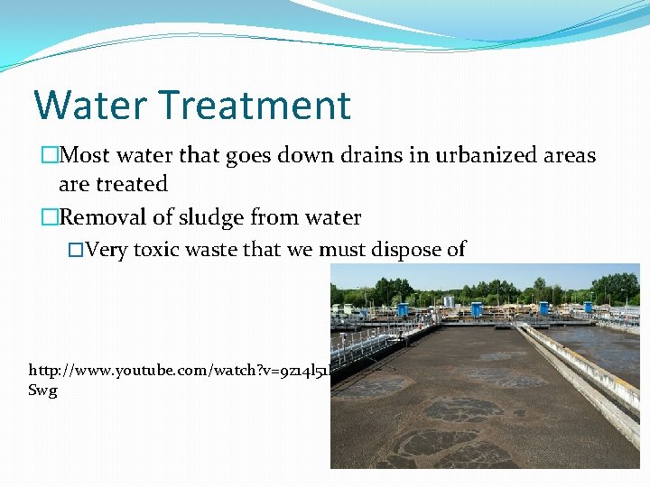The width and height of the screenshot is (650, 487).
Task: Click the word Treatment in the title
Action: click(x=253, y=105)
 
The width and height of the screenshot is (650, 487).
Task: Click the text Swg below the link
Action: click(x=42, y=391)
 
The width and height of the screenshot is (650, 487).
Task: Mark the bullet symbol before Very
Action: click(x=76, y=250)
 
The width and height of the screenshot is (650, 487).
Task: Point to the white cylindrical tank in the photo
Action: click(x=448, y=301)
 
